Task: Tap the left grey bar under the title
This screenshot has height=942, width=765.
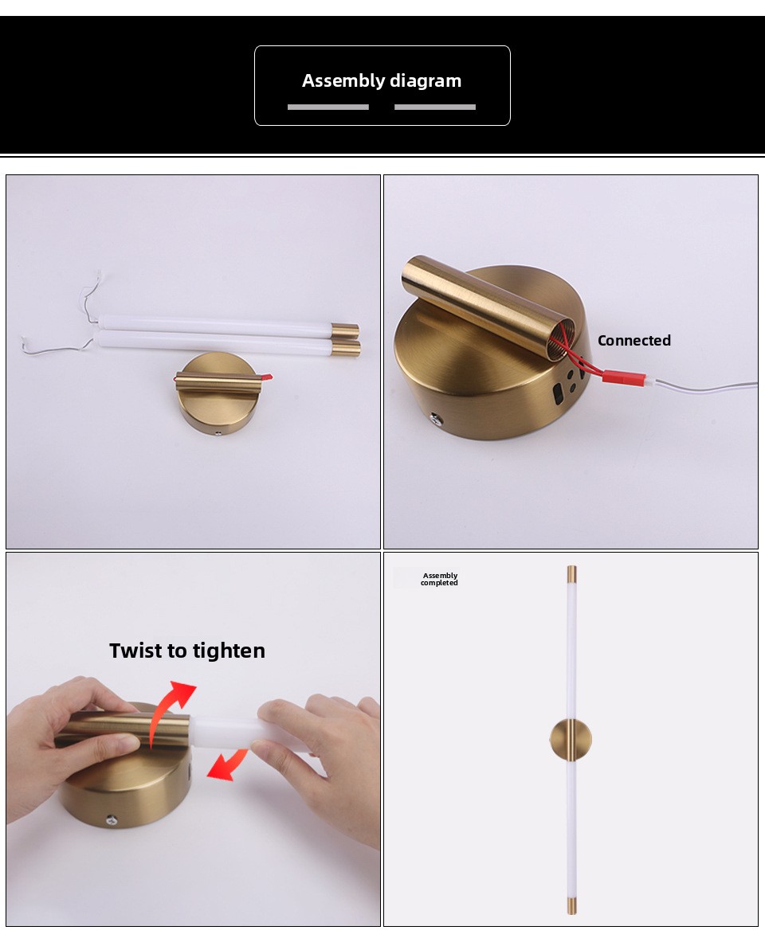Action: pyautogui.click(x=328, y=107)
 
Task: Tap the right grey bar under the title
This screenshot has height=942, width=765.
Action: pyautogui.click(x=435, y=107)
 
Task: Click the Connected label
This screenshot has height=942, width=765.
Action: pyautogui.click(x=634, y=340)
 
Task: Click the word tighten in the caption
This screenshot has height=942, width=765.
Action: pyautogui.click(x=229, y=651)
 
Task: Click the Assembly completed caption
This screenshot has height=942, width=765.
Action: pyautogui.click(x=440, y=579)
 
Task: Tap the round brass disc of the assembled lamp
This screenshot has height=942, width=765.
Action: pyautogui.click(x=570, y=740)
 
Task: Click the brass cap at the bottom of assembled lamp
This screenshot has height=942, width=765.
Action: pyautogui.click(x=571, y=907)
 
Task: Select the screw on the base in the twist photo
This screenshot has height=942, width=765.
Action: pyautogui.click(x=111, y=819)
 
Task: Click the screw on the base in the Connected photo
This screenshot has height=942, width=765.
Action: pyautogui.click(x=435, y=416)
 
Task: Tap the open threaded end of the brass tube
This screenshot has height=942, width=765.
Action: pyautogui.click(x=565, y=342)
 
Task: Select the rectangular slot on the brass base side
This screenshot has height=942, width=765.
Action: pyautogui.click(x=558, y=393)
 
